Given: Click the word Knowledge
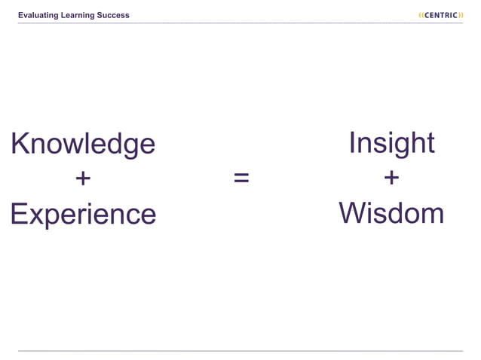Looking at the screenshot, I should pos(83,144).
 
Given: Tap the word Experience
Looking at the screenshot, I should pos(83,215).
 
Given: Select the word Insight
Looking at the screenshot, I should pos(391,142).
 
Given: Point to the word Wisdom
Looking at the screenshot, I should pos(391,213).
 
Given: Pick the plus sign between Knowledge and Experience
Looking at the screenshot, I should pos(83,178).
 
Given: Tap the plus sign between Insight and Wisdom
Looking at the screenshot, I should pos(391,178).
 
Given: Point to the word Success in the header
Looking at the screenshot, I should pos(113,15).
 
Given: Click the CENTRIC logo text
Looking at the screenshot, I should pos(441,15).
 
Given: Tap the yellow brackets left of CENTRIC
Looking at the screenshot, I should pos(421,15).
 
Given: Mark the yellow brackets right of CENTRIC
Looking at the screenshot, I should pos(461,15).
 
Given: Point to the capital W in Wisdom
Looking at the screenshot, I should pos(353,213).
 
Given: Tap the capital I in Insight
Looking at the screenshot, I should pos(352,142).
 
